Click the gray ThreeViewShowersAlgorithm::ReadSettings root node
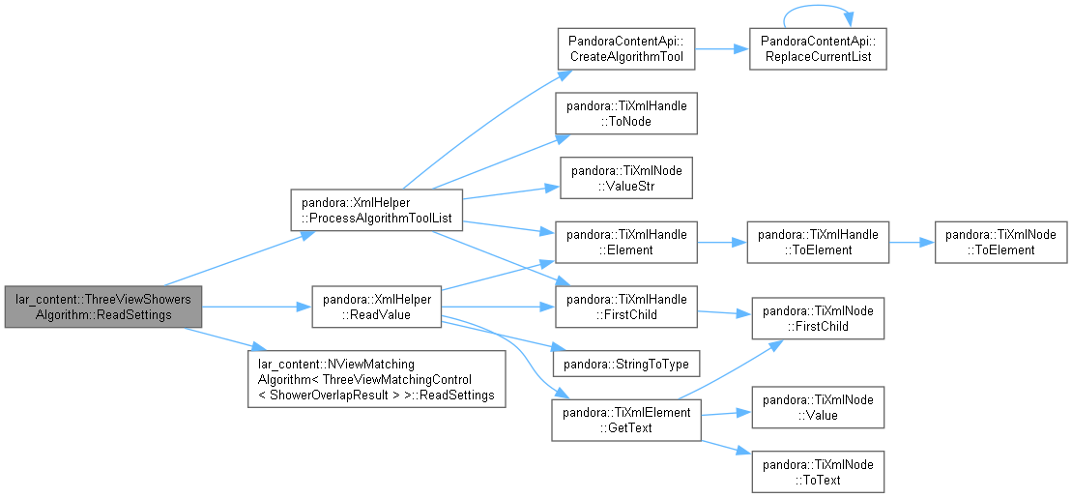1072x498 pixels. point(103,307)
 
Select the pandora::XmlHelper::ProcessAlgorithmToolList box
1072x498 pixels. point(377,210)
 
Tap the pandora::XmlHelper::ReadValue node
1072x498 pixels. point(377,307)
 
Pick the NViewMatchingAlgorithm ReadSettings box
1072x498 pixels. point(377,379)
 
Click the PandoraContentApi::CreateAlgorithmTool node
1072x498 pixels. point(626,48)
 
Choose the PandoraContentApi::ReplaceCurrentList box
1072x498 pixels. point(818,48)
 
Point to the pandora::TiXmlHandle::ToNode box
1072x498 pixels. point(626,113)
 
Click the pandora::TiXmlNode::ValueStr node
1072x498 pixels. point(626,178)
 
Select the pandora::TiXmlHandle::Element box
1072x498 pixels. point(626,242)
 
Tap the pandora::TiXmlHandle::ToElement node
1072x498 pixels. point(818,242)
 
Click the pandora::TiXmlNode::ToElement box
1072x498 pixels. point(1000,242)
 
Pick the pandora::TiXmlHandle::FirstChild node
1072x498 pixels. point(626,307)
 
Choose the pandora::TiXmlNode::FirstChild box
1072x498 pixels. point(818,318)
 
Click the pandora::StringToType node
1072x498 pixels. point(626,364)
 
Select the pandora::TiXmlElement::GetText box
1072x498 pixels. point(626,420)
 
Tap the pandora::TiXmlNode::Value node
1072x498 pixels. point(818,407)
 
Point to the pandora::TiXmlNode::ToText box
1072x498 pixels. point(818,472)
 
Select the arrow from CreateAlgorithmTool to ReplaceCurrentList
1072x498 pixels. point(722,48)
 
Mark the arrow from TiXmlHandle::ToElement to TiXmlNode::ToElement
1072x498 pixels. point(912,242)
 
